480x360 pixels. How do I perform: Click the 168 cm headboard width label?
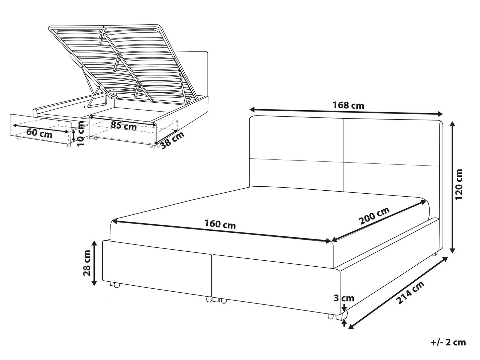[348, 106]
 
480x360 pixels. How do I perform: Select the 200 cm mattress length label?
[375, 216]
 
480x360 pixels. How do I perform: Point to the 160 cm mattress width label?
[220, 225]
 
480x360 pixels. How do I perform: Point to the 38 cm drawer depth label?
[173, 140]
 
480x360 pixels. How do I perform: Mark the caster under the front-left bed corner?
[115, 285]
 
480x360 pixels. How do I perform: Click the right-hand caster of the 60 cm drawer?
[69, 145]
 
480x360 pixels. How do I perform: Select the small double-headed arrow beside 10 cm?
[74, 136]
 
